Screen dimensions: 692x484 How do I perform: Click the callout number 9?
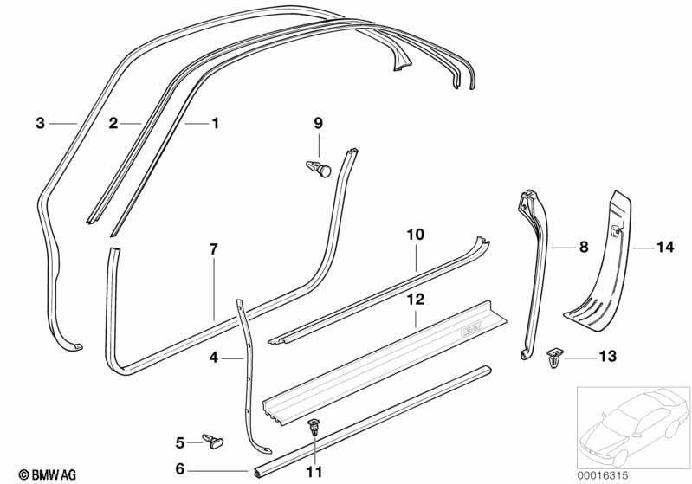pyautogui.click(x=318, y=123)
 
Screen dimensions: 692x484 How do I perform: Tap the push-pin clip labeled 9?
pyautogui.click(x=319, y=169)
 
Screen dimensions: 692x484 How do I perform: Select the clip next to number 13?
pyautogui.click(x=555, y=358)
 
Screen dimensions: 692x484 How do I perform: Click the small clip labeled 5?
pyautogui.click(x=213, y=441)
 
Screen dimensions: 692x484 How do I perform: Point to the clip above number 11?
pyautogui.click(x=314, y=427)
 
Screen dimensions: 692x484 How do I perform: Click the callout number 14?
pyautogui.click(x=665, y=247)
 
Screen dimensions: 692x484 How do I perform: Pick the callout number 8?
pyautogui.click(x=584, y=247)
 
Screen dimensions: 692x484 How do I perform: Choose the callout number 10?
pyautogui.click(x=416, y=235)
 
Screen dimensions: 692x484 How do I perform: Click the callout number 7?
pyautogui.click(x=214, y=249)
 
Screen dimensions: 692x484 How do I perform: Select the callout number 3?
pyautogui.click(x=40, y=123)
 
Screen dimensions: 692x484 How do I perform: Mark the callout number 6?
pyautogui.click(x=179, y=468)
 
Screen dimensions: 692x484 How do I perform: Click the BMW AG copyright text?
pyautogui.click(x=48, y=474)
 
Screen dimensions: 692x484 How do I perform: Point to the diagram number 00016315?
pyautogui.click(x=603, y=475)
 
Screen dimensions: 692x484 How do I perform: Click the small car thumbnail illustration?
pyautogui.click(x=634, y=428)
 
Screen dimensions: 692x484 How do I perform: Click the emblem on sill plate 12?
pyautogui.click(x=471, y=329)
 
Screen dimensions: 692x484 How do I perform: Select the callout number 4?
pyautogui.click(x=214, y=358)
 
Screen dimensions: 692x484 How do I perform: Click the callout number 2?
pyautogui.click(x=113, y=123)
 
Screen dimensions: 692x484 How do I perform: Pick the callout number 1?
pyautogui.click(x=216, y=123)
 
